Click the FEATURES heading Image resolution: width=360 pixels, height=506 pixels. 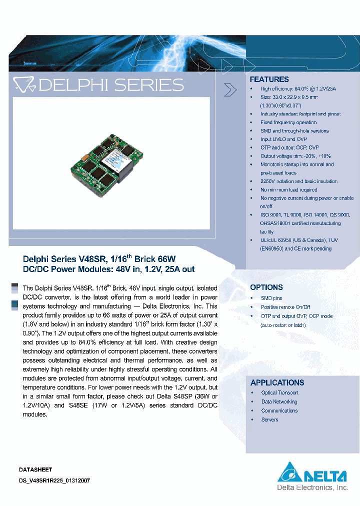click(269, 79)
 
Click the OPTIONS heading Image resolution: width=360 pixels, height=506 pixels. click(266, 287)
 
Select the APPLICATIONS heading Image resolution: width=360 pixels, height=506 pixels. click(277, 382)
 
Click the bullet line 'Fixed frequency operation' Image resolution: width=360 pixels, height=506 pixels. click(288, 122)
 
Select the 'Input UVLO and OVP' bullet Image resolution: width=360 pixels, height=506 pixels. click(283, 139)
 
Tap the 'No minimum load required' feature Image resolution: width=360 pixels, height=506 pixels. click(288, 190)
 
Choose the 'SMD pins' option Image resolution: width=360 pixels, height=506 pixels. click(271, 298)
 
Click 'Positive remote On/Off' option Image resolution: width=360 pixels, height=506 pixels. click(285, 307)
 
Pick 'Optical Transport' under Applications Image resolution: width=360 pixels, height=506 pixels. click(279, 393)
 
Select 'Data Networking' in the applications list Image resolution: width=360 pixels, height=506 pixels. click(279, 402)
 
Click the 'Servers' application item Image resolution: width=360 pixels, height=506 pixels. click(269, 420)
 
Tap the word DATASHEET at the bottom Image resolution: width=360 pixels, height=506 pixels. click(35, 470)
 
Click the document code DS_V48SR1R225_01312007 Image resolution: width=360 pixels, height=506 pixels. click(54, 480)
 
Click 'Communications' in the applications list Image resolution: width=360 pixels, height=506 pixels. click(279, 411)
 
